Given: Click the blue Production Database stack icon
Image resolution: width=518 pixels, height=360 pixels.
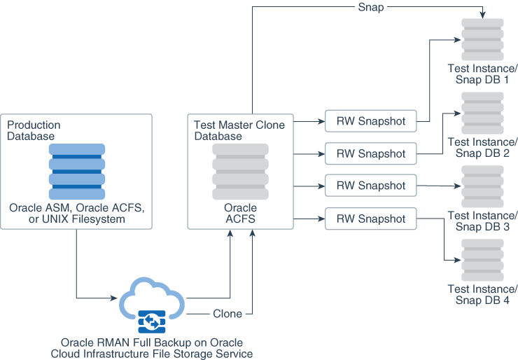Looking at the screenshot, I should coord(76,172).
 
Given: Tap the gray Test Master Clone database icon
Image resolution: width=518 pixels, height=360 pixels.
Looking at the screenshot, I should coord(240,172).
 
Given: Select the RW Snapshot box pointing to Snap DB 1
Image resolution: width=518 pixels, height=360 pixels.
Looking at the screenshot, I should coord(370,120).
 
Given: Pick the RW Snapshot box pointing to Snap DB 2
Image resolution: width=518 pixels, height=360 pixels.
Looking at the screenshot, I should coord(370,153).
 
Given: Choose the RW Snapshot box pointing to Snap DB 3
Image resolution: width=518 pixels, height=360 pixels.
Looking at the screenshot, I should coord(370,186).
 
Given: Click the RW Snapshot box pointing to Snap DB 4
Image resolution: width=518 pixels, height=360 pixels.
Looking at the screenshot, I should coord(370,219).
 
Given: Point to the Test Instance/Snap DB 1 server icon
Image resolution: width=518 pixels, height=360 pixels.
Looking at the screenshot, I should coord(482,39).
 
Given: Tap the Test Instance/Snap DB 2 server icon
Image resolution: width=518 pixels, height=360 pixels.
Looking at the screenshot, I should coord(482,113).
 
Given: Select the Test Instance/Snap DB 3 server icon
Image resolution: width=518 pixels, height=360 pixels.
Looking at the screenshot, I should coord(482,186).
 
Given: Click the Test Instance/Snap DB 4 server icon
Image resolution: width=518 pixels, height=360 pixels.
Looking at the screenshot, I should coord(482,260).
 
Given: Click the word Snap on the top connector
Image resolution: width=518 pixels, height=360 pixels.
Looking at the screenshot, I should coord(370,7).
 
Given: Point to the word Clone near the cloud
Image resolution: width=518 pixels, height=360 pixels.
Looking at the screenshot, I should coord(227,314).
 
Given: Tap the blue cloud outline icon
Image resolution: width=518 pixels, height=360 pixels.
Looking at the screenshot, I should coord(152,298).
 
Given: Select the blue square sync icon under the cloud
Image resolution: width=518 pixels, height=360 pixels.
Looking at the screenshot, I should coord(152,321).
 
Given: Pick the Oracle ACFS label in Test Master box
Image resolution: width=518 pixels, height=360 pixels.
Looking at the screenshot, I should coord(240,214).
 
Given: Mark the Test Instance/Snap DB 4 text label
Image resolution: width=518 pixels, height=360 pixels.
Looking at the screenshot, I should coord(482,295).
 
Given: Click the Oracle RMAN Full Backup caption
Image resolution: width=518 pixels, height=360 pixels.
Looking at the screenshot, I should coord(152,348).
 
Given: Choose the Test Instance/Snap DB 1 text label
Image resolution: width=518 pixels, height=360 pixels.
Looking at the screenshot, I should coord(482,74).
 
